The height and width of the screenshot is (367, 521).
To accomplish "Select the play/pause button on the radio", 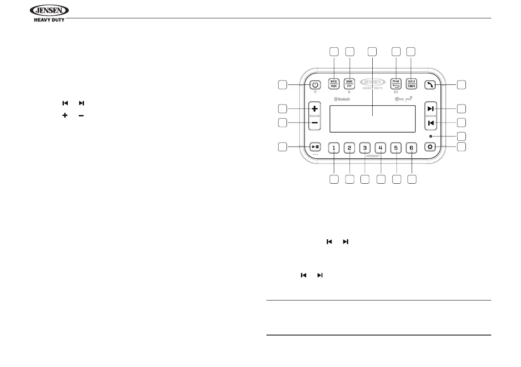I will click(315, 147).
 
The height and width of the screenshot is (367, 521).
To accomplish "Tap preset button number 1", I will click(334, 148).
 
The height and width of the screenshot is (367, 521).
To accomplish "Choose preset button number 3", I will click(365, 148).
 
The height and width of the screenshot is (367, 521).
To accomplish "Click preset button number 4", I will click(381, 148).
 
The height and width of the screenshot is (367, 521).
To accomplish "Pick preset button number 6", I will click(411, 148).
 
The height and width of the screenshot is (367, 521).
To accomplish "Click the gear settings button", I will click(431, 147).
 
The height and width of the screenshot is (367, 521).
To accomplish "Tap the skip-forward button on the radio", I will click(431, 108).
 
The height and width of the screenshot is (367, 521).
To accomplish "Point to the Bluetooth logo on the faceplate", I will click(342, 99).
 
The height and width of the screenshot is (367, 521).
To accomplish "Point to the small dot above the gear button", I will click(431, 136).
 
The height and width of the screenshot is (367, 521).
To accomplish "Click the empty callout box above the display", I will click(372, 52).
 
